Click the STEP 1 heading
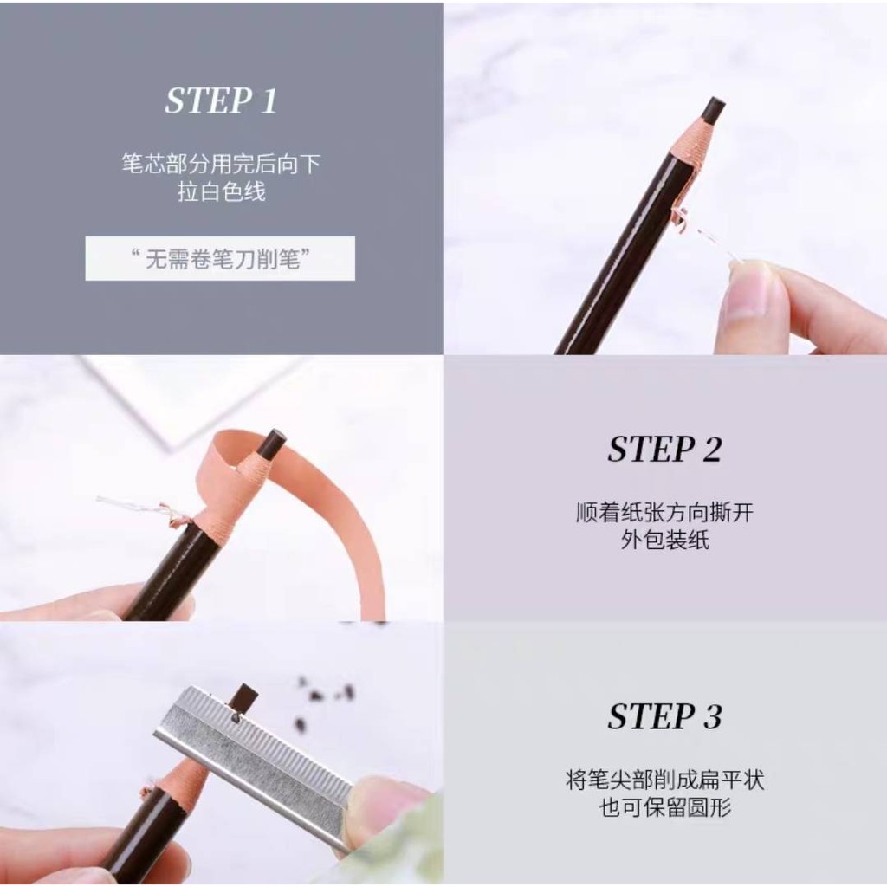click(x=221, y=101)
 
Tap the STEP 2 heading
click(x=664, y=450)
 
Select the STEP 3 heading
click(x=664, y=716)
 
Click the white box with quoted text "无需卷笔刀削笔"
click(x=220, y=258)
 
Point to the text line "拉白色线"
click(x=221, y=191)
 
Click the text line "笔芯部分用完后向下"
click(x=221, y=164)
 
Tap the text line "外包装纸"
click(x=664, y=540)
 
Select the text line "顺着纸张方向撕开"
click(x=664, y=513)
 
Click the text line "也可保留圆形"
click(x=665, y=806)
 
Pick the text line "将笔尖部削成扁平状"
click(x=665, y=780)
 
